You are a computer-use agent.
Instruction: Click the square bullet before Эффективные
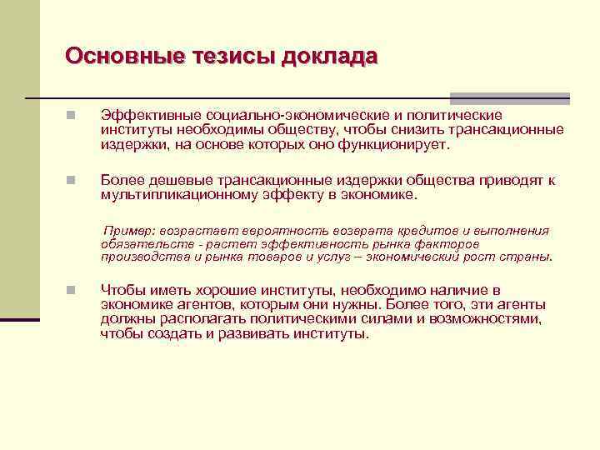[x=72, y=116]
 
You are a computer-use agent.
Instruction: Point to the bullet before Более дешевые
[x=72, y=180]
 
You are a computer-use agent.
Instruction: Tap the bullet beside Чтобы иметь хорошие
[x=72, y=291]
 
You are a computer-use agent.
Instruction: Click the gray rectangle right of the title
[x=509, y=97]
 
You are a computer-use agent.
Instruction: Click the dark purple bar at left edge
[x=20, y=319]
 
